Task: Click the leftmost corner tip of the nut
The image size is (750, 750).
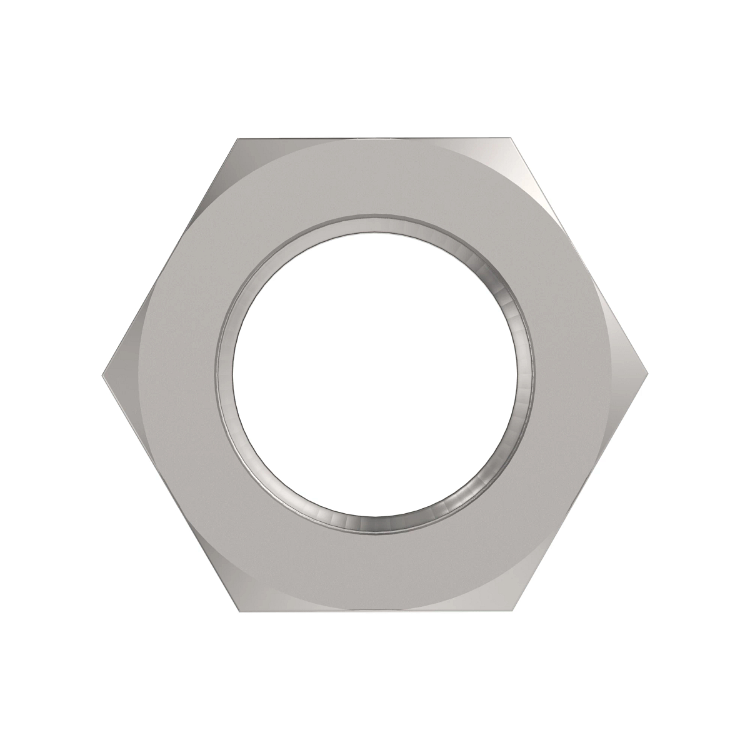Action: [x=102, y=376]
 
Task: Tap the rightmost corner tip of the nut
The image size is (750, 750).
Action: [x=647, y=376]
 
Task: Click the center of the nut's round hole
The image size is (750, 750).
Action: [x=375, y=376]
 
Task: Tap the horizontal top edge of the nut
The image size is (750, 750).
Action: [x=375, y=139]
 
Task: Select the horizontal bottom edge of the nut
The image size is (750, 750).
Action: [x=375, y=612]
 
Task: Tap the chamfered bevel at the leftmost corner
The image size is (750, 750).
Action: [x=122, y=376]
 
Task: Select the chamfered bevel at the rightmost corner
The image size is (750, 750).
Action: [x=628, y=376]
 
